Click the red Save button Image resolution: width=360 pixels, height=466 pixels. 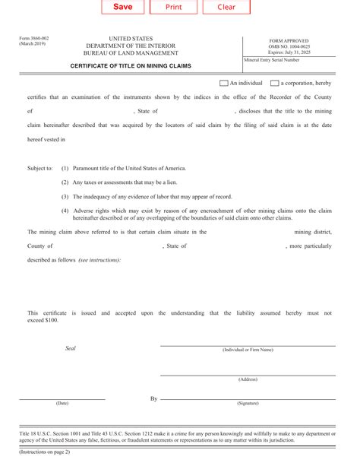122,7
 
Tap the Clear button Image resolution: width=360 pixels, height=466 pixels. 226,7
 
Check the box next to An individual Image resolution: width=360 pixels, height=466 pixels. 223,83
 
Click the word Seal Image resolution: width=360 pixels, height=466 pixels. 71,347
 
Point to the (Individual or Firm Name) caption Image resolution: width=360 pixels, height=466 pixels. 248,350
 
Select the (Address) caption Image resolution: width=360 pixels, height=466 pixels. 248,379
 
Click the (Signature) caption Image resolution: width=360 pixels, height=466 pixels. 248,403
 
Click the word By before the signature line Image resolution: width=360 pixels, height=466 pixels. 153,398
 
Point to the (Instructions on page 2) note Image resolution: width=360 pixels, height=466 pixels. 45,452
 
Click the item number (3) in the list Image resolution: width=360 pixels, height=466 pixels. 65,196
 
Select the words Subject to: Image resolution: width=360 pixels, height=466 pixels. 39,168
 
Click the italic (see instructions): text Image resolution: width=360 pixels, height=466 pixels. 99,260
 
